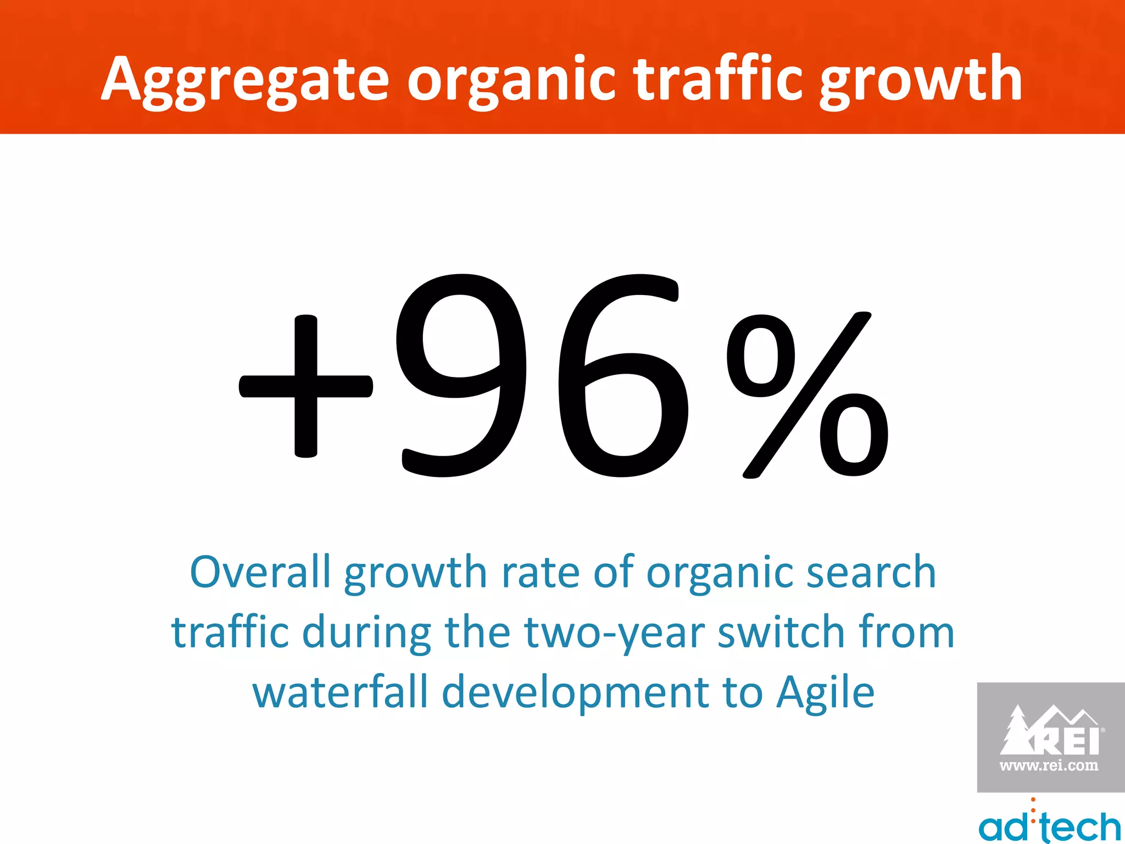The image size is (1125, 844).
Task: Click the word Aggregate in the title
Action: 245,81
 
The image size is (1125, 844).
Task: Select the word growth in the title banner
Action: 921,81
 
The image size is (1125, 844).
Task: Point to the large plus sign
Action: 306,386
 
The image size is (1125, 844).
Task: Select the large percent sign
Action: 806,395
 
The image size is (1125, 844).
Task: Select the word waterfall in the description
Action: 339,692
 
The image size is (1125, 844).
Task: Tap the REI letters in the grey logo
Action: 1066,741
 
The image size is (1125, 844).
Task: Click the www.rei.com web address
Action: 1049,765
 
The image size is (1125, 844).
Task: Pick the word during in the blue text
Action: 366,633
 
